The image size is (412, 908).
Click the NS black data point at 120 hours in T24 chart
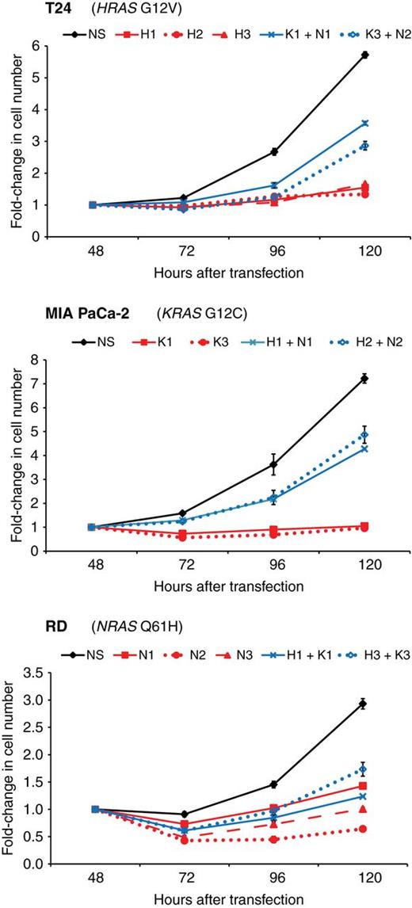click(x=364, y=55)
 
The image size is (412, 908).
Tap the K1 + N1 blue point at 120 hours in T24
click(x=364, y=123)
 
